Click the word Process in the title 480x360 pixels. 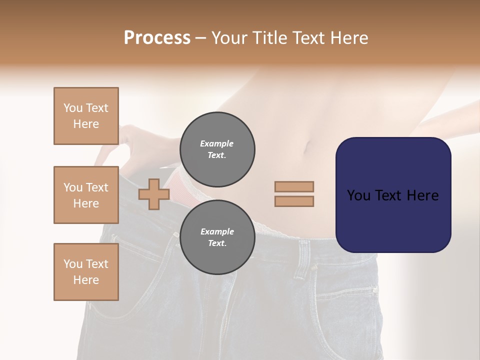157,38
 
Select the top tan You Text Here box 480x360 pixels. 86,116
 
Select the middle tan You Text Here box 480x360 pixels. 86,195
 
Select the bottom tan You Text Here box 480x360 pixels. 86,272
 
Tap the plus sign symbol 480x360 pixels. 153,194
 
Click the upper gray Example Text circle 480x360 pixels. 217,149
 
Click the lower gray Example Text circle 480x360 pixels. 217,237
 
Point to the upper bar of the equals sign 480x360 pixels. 294,186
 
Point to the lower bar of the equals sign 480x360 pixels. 294,201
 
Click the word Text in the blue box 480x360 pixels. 393,195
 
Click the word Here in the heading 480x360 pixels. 350,38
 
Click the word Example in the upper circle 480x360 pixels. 217,143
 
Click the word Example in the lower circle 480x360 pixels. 217,231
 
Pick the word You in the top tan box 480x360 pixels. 73,108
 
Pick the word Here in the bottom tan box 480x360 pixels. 86,280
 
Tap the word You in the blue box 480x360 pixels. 358,195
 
